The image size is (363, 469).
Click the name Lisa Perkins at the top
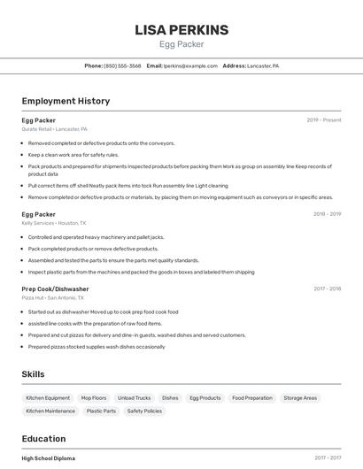(181, 30)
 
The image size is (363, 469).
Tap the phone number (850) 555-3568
(122, 65)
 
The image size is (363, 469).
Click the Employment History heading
(66, 101)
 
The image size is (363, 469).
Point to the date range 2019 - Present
(324, 120)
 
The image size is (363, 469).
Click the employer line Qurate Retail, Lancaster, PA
(54, 129)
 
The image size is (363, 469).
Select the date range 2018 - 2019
(327, 214)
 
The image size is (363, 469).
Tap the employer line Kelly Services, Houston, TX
(53, 223)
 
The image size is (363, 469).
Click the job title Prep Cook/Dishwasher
(55, 288)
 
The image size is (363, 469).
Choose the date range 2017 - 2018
(327, 288)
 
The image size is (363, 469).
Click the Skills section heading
(33, 374)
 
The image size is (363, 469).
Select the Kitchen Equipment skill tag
(48, 398)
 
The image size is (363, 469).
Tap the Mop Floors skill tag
(94, 398)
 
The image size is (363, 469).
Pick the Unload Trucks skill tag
(135, 398)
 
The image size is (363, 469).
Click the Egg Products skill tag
(205, 398)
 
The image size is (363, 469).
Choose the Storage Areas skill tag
(300, 398)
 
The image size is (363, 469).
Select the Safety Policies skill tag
(144, 411)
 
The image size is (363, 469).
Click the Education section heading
(43, 439)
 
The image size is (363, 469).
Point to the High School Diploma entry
(49, 458)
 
